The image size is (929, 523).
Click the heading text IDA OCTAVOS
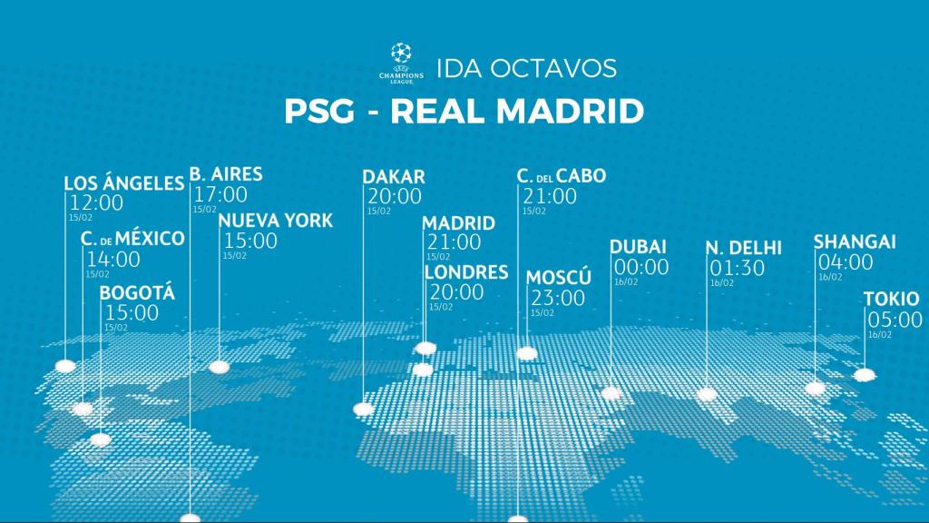[526, 68]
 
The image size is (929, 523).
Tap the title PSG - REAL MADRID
[464, 112]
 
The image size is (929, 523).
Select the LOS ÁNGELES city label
[124, 183]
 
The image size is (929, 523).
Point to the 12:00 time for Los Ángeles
[96, 202]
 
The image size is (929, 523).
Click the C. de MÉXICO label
[132, 239]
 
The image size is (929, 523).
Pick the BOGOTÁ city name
[137, 293]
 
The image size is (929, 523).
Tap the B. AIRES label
[226, 173]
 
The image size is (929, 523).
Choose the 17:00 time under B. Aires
[220, 194]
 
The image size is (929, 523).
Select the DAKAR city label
[394, 176]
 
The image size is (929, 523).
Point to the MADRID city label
[459, 223]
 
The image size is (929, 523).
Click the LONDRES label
[466, 272]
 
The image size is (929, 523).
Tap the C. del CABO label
[562, 176]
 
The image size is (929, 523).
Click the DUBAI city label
[639, 247]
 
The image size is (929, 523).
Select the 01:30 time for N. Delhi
[737, 269]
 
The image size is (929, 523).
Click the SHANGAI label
[855, 242]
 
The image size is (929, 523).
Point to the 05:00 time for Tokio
[895, 320]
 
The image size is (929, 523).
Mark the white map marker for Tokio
[865, 374]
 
